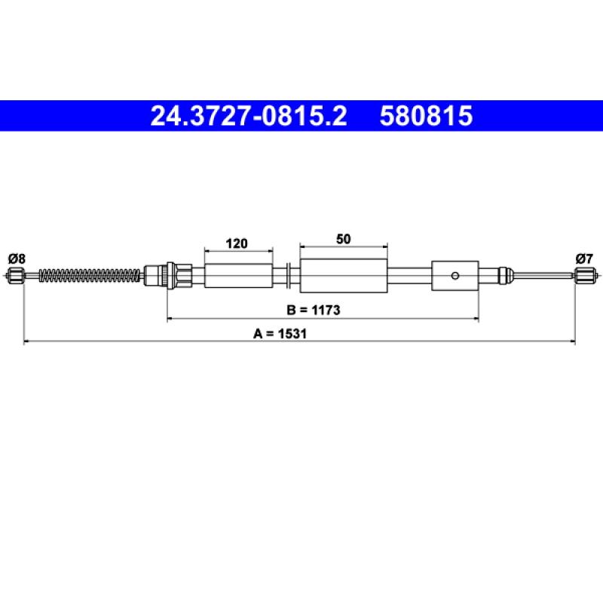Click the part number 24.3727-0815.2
coord(249,116)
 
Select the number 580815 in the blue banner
coord(426,116)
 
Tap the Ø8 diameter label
coord(17,259)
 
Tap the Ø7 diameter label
coord(584,259)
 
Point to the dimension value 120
coord(237,243)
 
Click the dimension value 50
coord(344,239)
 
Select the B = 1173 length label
coord(314,310)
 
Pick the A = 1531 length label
coord(280,333)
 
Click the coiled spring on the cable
coord(90,275)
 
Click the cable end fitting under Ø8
coord(14,275)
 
